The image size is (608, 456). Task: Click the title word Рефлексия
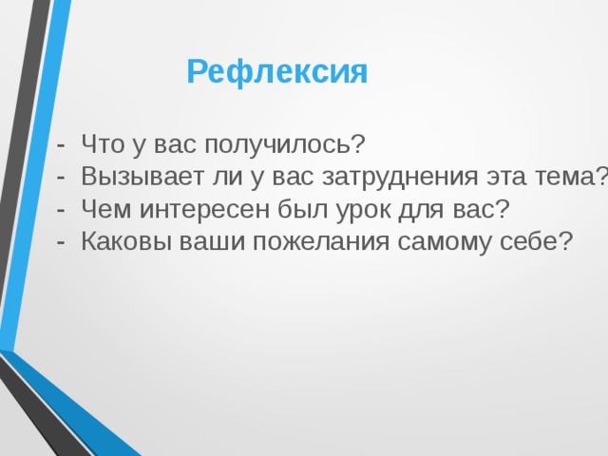pyautogui.click(x=276, y=72)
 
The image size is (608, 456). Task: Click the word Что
pyautogui.click(x=103, y=144)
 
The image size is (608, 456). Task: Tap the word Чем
pyautogui.click(x=104, y=208)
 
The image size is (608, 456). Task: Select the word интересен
pyautogui.click(x=196, y=208)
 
